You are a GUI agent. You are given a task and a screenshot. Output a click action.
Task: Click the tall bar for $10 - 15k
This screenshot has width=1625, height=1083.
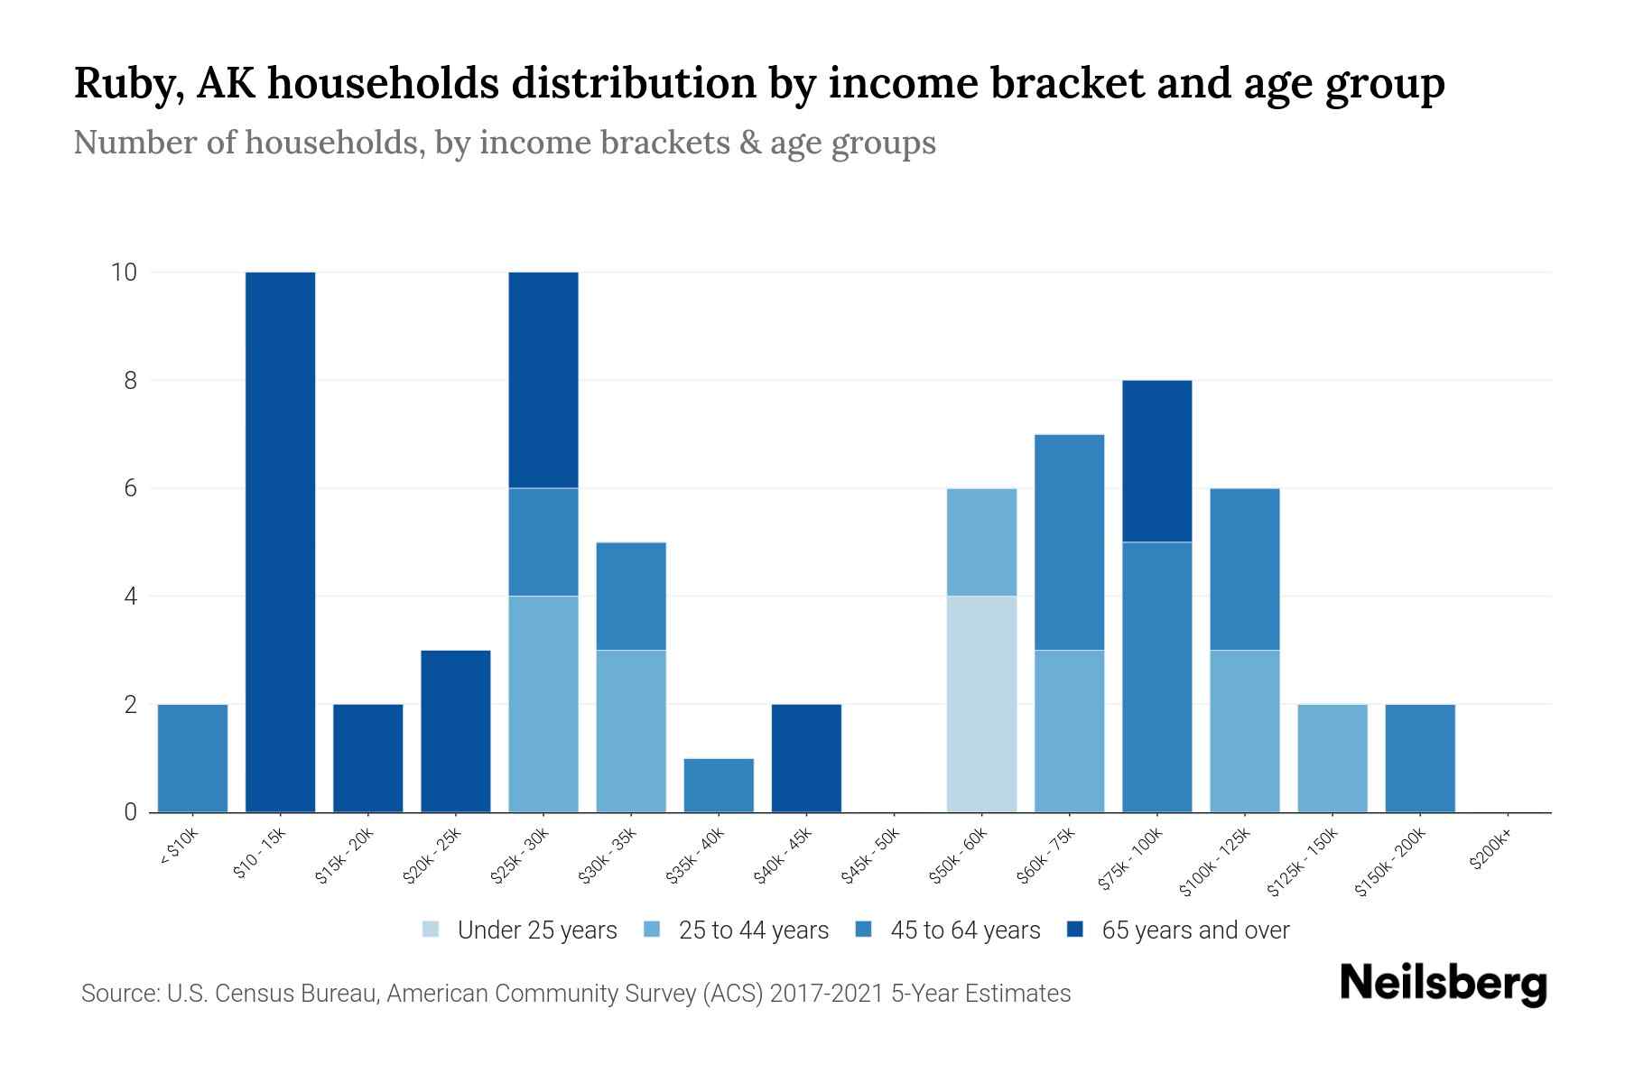(x=280, y=541)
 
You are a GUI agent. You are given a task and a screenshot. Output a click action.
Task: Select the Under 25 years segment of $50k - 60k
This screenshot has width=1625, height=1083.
(x=981, y=704)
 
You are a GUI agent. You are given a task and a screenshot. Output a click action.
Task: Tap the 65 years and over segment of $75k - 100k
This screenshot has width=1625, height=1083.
(x=1156, y=461)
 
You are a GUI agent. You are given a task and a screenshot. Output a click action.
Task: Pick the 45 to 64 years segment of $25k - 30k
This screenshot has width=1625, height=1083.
(x=543, y=541)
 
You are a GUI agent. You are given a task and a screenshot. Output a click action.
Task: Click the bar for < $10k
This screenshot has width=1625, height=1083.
(x=192, y=758)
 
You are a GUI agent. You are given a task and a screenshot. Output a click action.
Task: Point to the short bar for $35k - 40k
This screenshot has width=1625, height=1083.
(x=719, y=785)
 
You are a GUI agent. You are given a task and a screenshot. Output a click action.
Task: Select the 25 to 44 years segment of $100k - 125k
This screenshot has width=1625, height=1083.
(x=1244, y=731)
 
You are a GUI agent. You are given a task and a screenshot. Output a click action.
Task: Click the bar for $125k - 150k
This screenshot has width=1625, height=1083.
(x=1332, y=758)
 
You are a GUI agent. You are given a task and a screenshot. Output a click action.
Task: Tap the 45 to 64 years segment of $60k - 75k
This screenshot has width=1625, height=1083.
(x=1069, y=541)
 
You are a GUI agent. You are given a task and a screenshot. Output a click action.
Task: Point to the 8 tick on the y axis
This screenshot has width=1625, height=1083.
(x=131, y=381)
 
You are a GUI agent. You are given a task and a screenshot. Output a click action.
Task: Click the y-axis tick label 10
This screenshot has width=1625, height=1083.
(x=124, y=272)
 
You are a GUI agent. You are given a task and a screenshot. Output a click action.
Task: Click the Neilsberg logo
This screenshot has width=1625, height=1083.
(x=1443, y=983)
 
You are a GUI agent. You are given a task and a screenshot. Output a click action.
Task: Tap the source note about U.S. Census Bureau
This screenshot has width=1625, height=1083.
(x=575, y=994)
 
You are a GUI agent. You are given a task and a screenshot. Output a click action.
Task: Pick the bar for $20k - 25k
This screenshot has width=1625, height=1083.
(x=455, y=731)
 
